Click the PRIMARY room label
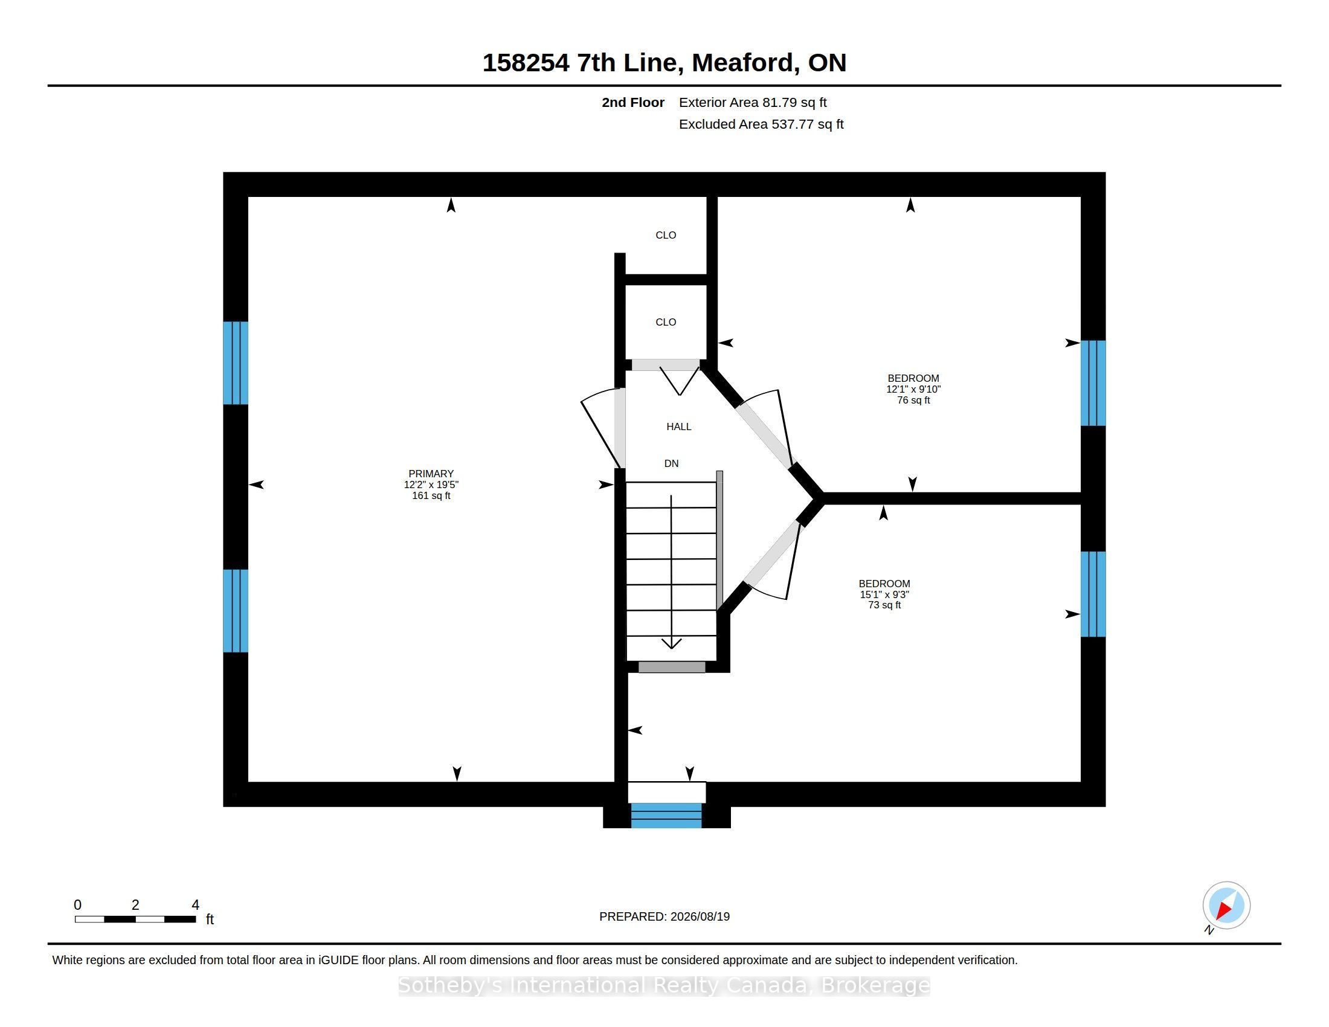(431, 474)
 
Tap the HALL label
(678, 427)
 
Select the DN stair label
(671, 463)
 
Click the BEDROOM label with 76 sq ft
(913, 378)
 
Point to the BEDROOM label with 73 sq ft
(884, 584)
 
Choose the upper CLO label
(666, 235)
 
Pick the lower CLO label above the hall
(666, 322)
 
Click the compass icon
(1226, 906)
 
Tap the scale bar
(135, 919)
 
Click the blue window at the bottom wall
(666, 816)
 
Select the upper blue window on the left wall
(236, 362)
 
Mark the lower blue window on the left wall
(236, 610)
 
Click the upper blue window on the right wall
(1093, 382)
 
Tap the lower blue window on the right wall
(1093, 594)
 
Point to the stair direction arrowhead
(671, 644)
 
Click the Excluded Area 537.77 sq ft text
(761, 124)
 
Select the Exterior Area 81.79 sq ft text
(753, 102)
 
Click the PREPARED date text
(664, 916)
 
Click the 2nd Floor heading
(633, 102)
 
